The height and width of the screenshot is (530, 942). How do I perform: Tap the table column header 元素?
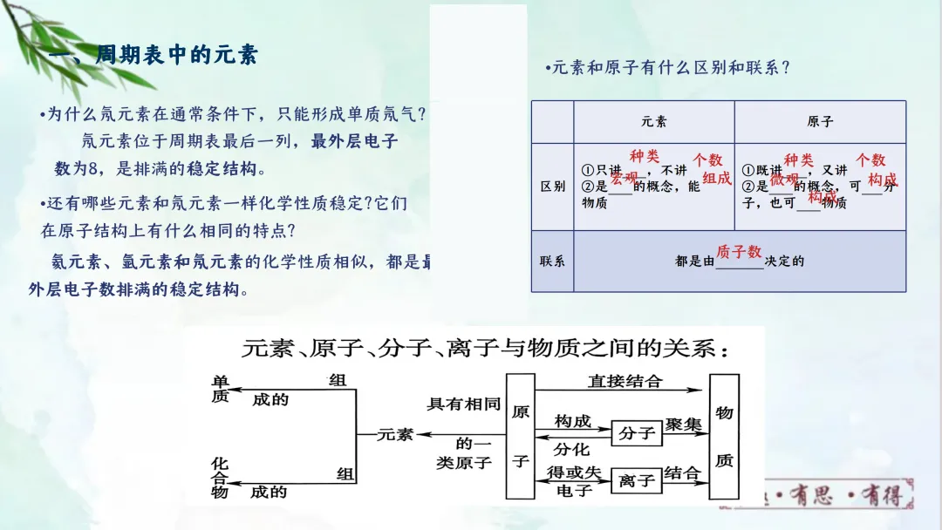(x=653, y=122)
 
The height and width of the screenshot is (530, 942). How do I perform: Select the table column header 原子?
(x=819, y=122)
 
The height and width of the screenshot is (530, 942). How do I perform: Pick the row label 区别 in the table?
(x=553, y=187)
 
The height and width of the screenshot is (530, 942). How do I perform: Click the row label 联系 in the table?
(x=553, y=261)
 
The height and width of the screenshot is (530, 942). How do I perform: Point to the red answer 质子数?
(x=739, y=252)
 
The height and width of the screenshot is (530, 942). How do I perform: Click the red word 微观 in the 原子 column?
(x=783, y=179)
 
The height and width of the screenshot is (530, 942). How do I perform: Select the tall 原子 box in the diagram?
(x=520, y=436)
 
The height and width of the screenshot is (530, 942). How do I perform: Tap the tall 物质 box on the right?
(x=725, y=436)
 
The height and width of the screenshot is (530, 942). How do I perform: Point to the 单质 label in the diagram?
(x=220, y=389)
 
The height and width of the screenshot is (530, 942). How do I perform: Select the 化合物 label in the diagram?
(x=220, y=479)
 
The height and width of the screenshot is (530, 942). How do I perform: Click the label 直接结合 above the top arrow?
(x=625, y=381)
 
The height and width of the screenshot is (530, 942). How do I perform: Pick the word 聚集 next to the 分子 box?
(x=683, y=425)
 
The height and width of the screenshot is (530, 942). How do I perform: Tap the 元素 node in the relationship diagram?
(x=395, y=434)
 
